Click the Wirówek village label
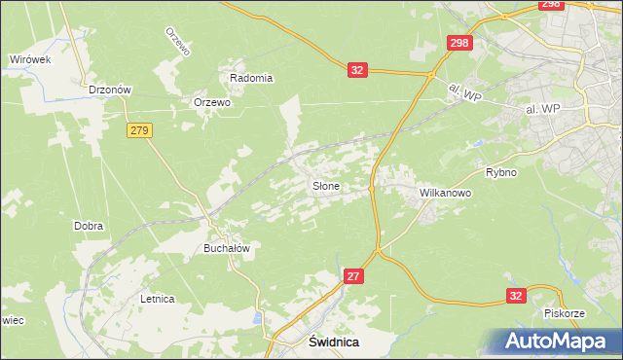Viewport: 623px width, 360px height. tap(30, 59)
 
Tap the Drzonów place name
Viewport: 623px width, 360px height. tap(109, 90)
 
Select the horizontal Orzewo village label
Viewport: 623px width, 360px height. tap(211, 102)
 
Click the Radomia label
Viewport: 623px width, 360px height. tap(250, 78)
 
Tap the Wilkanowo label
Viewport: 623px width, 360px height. tap(445, 194)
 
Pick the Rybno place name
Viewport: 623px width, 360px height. tap(500, 172)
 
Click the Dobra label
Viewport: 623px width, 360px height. tap(89, 226)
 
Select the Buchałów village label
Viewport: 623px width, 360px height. tap(227, 248)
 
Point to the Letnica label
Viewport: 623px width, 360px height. tap(157, 299)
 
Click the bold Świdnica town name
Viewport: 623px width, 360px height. tap(334, 342)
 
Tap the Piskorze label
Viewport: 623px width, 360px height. tap(564, 314)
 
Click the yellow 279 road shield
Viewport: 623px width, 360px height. tap(138, 129)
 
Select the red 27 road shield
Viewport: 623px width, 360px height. tap(354, 277)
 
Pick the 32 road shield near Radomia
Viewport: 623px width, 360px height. tap(358, 70)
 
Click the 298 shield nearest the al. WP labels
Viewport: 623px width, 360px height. tap(459, 43)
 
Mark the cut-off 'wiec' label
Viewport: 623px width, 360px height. tap(11, 318)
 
